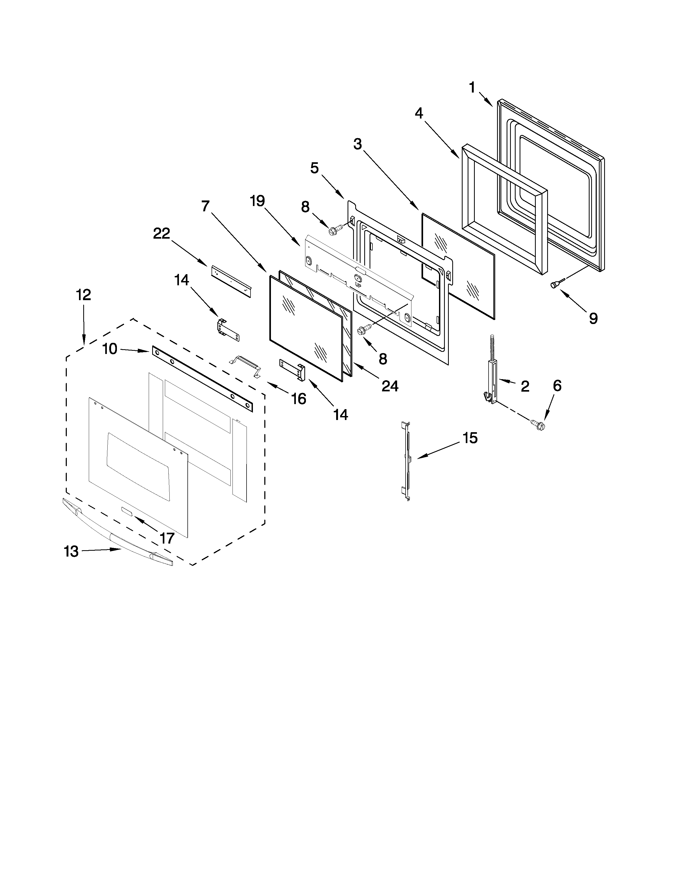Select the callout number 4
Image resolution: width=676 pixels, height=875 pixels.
[x=419, y=113]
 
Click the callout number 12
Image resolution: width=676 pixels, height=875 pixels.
[x=84, y=295]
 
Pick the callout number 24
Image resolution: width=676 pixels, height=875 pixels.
[x=390, y=386]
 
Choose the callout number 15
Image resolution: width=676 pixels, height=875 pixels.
[x=471, y=438]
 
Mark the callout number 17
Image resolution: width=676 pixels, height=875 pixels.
[x=167, y=538]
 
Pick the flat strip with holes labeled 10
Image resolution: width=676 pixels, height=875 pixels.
[x=202, y=379]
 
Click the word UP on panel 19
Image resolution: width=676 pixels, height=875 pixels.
[x=358, y=285]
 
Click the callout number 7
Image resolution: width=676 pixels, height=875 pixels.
[x=205, y=206]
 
